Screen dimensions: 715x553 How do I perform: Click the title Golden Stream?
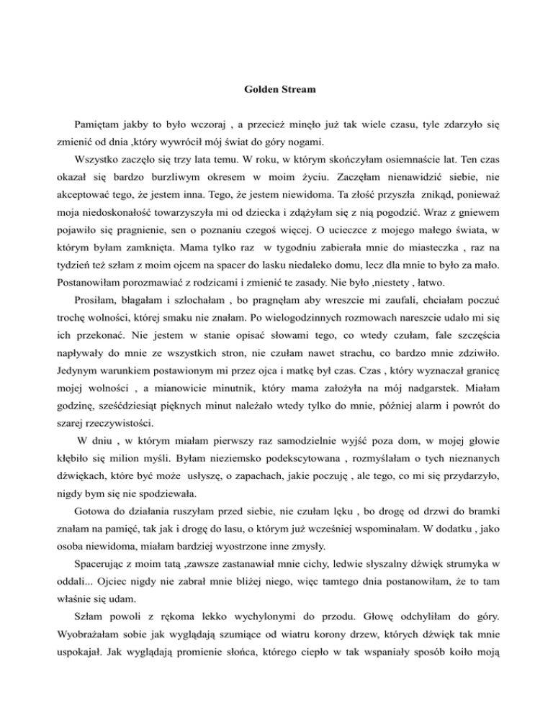click(276, 91)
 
